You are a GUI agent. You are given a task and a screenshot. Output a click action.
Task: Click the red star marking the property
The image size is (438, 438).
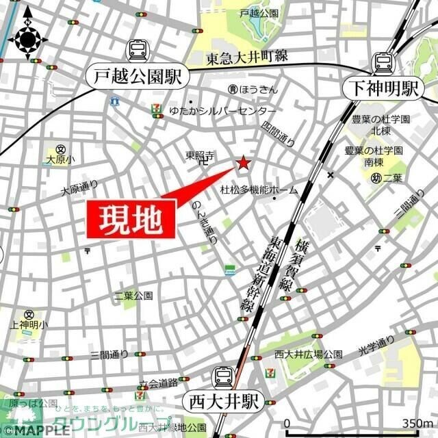click(243, 163)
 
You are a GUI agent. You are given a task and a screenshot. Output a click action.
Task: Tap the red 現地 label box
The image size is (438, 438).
click(131, 220)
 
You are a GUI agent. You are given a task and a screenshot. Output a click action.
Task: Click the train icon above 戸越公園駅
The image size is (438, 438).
click(138, 49)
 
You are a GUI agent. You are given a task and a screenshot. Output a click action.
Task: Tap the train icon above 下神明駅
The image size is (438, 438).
click(383, 63)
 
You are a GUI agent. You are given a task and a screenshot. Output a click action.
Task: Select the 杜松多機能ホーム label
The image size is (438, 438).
click(259, 190)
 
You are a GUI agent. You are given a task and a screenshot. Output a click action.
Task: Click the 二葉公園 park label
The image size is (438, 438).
click(133, 296)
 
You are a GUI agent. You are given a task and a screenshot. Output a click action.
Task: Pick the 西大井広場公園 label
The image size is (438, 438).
click(309, 355)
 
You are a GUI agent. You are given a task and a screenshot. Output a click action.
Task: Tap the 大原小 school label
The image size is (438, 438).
click(60, 159)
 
